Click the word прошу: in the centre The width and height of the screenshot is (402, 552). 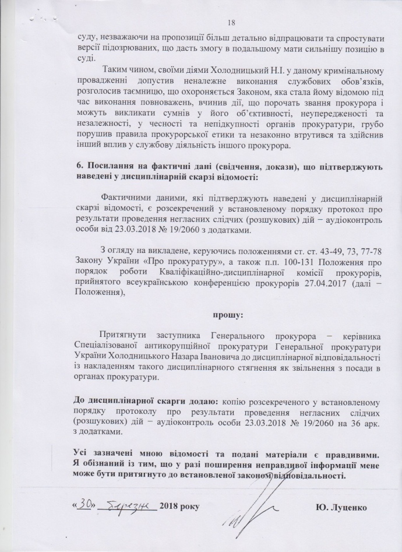[x=227, y=315]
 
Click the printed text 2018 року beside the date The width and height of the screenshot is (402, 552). [x=179, y=505]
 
